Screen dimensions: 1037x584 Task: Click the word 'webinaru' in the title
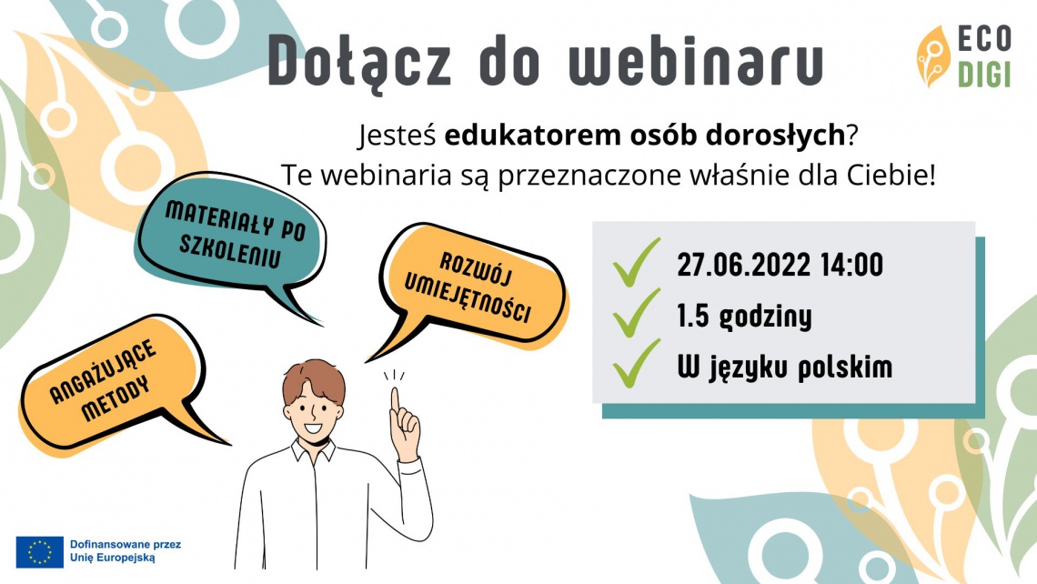click(x=696, y=61)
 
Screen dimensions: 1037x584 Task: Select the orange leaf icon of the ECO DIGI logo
click(x=932, y=57)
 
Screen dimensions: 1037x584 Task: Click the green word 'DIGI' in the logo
click(x=984, y=75)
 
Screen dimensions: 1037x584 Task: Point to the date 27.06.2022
click(x=743, y=266)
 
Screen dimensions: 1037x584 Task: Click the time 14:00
click(x=851, y=266)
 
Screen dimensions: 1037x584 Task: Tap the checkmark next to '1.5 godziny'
click(x=636, y=313)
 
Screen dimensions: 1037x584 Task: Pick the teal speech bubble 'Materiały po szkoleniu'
click(x=231, y=238)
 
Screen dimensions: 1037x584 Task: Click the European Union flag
click(x=40, y=551)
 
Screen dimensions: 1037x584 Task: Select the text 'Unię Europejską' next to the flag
click(x=113, y=558)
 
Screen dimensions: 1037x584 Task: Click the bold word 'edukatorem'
click(x=532, y=135)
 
